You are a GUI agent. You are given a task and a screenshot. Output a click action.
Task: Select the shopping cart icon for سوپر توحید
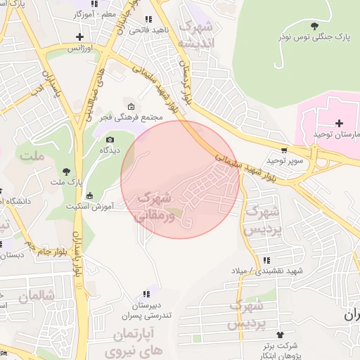(283, 150)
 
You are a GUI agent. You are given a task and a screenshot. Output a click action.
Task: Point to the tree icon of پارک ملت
(67, 171)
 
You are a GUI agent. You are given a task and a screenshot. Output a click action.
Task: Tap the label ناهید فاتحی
(148, 30)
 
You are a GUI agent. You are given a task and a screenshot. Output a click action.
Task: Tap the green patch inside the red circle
(174, 210)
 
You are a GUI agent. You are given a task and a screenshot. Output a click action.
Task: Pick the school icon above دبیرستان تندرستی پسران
(146, 295)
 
